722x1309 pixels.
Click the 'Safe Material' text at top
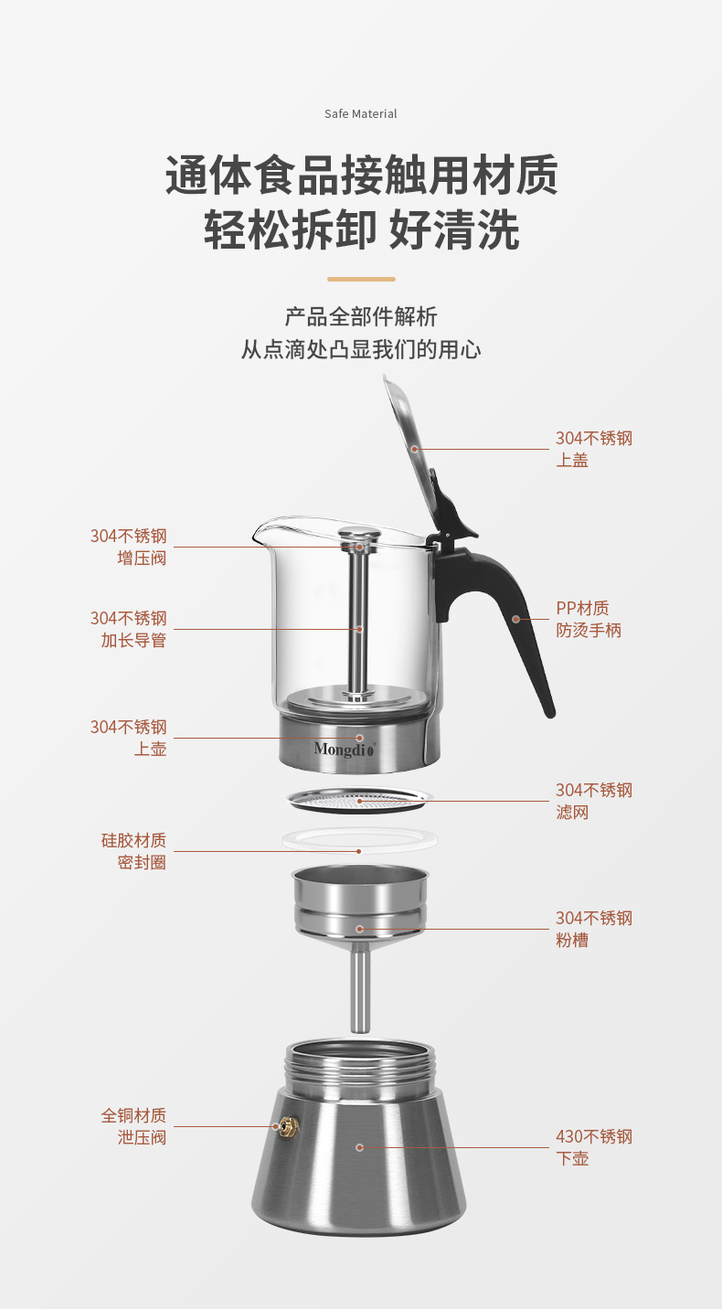tap(361, 114)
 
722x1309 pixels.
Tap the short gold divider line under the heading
tap(361, 279)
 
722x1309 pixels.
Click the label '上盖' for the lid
tap(573, 460)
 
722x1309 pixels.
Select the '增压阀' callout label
tap(141, 558)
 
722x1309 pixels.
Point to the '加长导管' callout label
tap(133, 640)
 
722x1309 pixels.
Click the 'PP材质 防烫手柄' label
tap(588, 620)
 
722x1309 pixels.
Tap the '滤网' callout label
tap(573, 812)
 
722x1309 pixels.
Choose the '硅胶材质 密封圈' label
tap(133, 851)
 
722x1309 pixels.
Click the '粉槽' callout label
tap(573, 940)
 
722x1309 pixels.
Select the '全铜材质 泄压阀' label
tap(133, 1126)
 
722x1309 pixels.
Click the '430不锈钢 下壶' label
tap(593, 1147)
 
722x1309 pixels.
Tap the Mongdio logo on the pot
tap(345, 750)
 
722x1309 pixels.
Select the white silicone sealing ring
tap(359, 839)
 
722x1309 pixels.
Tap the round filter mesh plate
tap(359, 800)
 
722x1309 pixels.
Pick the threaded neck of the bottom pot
tap(359, 1070)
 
